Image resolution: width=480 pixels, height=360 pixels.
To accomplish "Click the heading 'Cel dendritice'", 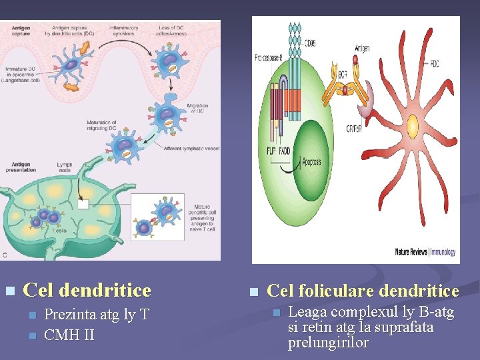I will (x=87, y=291).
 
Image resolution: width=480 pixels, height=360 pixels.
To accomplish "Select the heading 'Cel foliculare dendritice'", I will (x=363, y=291).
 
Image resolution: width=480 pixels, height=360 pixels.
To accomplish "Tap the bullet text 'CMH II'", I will (x=69, y=334).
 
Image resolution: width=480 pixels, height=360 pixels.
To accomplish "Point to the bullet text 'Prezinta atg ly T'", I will (x=97, y=315).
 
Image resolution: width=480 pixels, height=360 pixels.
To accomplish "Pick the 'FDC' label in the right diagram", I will (x=435, y=64).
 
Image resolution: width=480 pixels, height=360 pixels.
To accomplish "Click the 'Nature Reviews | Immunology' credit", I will (x=425, y=252).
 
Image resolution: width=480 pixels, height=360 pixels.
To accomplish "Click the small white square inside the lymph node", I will (x=83, y=204).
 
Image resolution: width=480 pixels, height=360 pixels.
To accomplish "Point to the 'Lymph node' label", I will (x=65, y=167).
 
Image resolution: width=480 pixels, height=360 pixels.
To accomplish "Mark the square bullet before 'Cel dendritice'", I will (x=9, y=291).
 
